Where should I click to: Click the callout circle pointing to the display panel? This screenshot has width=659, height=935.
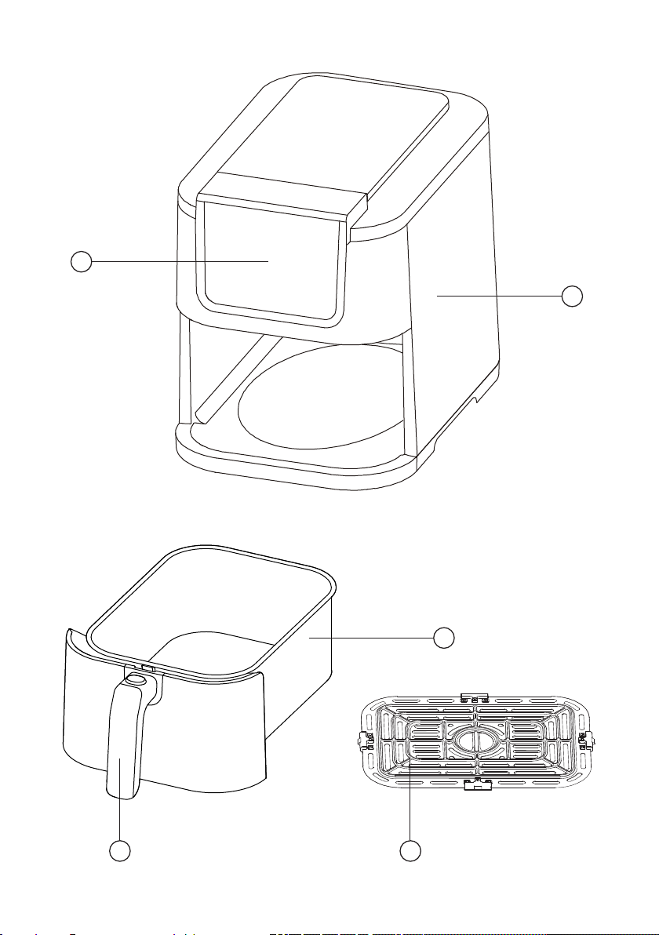(79, 261)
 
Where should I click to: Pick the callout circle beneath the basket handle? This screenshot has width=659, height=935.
(119, 852)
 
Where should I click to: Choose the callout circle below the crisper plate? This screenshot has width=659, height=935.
(410, 852)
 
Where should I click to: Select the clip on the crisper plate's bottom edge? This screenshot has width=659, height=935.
(473, 784)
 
